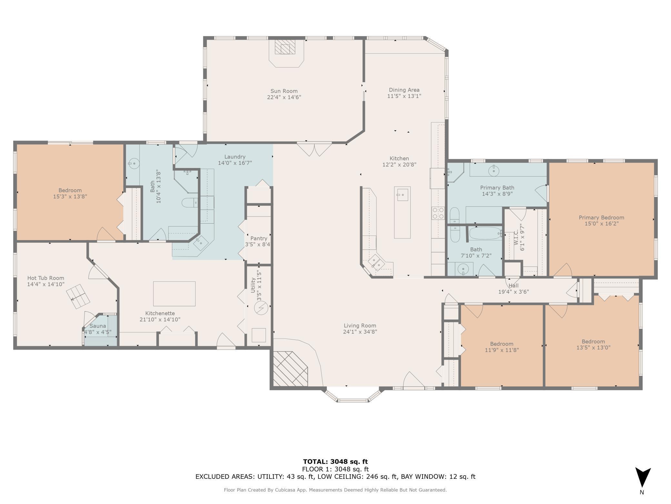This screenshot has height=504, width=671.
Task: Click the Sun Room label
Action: [x=284, y=91]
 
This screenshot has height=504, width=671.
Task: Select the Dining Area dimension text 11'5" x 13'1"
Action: [x=404, y=96]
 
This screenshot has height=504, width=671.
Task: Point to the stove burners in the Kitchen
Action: [x=438, y=213]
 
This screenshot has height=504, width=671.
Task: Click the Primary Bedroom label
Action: [x=601, y=217]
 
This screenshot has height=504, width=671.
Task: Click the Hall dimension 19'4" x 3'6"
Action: [x=514, y=292]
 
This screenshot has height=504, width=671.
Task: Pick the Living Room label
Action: [x=360, y=326]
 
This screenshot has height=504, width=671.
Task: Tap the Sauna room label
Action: [x=97, y=326]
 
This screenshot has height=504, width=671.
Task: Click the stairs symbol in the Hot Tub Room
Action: [x=78, y=297]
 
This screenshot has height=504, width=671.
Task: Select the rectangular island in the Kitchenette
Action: [x=174, y=294]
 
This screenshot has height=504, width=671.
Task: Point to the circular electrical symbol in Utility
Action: [x=261, y=309]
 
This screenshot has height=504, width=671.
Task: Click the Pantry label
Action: [x=259, y=238]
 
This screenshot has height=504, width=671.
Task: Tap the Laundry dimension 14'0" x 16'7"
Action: [x=235, y=163]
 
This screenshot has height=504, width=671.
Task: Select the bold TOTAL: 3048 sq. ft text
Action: [x=335, y=462]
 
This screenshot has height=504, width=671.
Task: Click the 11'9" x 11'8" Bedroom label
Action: [x=502, y=344]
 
